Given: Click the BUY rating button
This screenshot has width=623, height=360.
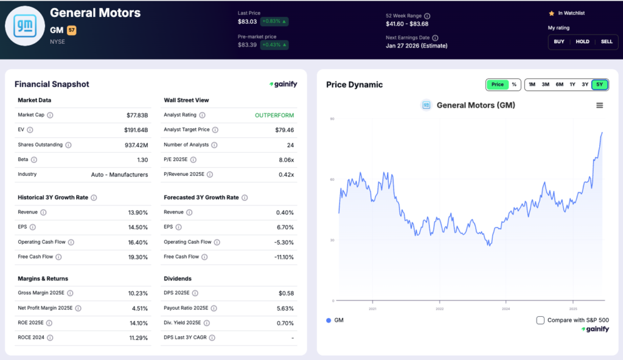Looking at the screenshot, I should coord(559,41).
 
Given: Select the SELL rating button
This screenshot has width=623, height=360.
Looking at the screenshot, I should coord(606,41).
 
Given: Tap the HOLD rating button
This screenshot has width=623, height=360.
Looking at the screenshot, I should coord(582,41).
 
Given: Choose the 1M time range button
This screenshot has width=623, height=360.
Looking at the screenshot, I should coord(532,85).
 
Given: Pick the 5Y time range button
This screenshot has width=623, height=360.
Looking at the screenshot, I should coord(599,85).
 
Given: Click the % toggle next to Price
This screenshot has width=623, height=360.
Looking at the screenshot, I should coord(513,85).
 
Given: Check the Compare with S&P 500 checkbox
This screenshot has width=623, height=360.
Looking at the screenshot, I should coord(540,320).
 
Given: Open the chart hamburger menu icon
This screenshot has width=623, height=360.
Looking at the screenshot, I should coord(599,105).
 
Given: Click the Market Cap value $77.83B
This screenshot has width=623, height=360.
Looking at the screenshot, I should coord(135,115).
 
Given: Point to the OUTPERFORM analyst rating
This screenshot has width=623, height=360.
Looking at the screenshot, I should coord(274,115).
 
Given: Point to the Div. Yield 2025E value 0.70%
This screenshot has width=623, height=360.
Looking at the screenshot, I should coord(284,322).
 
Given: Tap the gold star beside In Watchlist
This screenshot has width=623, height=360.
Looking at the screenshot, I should coord(551,13).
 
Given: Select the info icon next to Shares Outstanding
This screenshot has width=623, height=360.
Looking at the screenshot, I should coord(68,145).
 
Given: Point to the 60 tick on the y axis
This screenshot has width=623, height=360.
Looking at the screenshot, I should coord(332,179).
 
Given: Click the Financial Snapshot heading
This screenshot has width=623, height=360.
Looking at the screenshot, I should coord(52,85).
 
